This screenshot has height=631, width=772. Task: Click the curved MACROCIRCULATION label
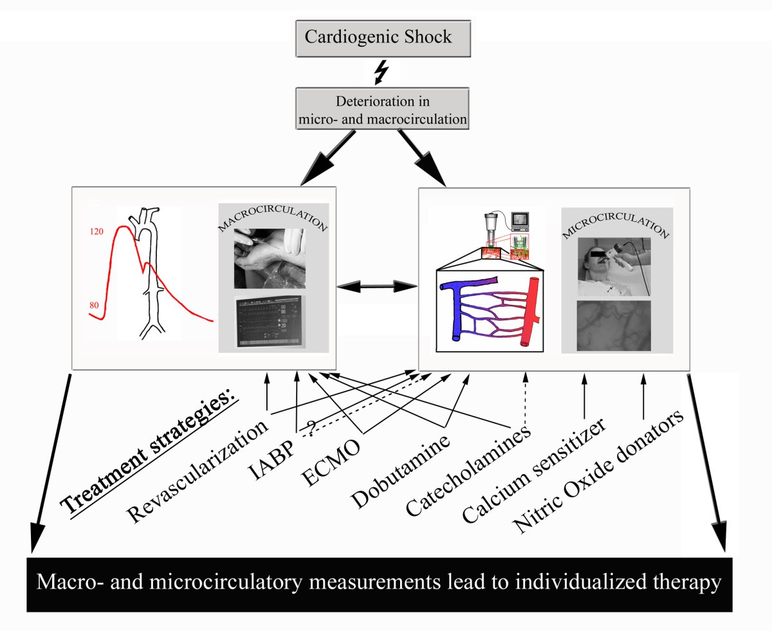[x=273, y=220]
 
